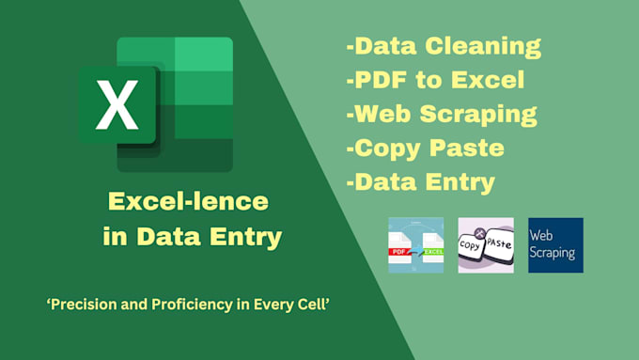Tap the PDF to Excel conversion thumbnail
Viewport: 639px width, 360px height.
click(416, 245)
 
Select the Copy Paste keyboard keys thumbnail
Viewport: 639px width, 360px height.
click(485, 245)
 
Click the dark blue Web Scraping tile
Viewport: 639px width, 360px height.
click(555, 245)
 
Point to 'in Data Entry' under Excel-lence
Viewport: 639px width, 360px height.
click(192, 237)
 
